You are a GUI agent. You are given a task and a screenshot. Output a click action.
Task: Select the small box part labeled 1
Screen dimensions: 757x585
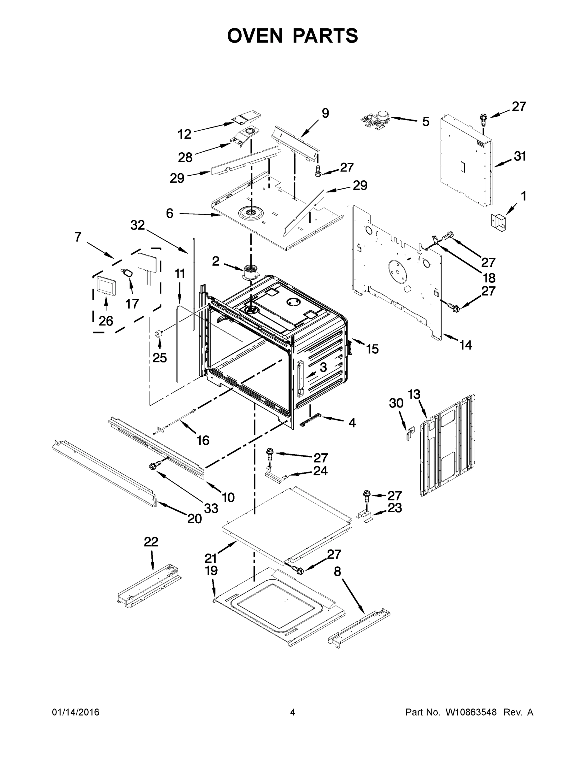point(498,221)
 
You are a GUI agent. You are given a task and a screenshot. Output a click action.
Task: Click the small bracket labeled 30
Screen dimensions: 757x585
point(410,434)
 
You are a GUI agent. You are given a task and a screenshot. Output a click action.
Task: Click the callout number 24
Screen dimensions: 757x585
point(320,471)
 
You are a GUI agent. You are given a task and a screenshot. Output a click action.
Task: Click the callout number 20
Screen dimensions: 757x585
point(195,519)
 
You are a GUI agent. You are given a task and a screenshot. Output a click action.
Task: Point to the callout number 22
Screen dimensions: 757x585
point(151,542)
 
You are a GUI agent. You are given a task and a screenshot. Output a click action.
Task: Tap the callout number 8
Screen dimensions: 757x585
point(337,572)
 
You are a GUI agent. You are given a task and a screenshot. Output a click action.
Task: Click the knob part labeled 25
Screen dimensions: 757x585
point(159,333)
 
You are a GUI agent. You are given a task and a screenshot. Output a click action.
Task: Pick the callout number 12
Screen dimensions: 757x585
point(184,134)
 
